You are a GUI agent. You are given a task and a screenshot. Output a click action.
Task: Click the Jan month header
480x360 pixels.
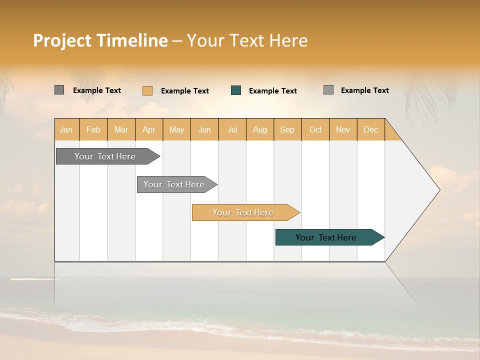(x=66, y=129)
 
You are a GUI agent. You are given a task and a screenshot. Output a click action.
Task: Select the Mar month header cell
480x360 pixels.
(x=121, y=129)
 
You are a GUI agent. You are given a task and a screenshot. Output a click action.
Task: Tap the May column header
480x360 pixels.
(x=176, y=129)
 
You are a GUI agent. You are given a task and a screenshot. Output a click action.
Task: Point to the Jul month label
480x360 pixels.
(x=232, y=129)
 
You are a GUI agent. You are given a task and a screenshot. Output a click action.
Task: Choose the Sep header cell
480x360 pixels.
(x=287, y=129)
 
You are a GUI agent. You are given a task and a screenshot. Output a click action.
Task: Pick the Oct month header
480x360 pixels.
(x=315, y=129)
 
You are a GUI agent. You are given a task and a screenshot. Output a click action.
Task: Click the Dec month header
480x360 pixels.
(x=370, y=129)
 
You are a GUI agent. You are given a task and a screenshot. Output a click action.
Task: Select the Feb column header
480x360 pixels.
(x=93, y=129)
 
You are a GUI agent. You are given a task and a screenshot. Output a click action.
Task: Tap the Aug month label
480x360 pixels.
(x=259, y=129)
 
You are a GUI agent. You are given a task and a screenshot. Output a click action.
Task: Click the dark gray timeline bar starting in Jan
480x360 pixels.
(x=105, y=156)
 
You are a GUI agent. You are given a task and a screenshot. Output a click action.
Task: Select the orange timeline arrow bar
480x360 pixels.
(x=243, y=212)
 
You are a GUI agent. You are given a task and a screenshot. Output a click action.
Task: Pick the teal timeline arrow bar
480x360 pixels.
(x=326, y=237)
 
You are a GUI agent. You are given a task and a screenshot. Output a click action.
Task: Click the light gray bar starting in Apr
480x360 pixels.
(x=174, y=184)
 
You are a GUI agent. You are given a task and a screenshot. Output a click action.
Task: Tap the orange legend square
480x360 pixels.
(x=147, y=90)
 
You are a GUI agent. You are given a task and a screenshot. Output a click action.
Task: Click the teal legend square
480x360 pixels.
(x=236, y=90)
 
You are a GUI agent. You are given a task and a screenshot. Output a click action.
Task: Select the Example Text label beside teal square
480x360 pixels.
(x=273, y=91)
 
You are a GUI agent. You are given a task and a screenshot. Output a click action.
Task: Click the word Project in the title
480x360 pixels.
(x=63, y=40)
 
